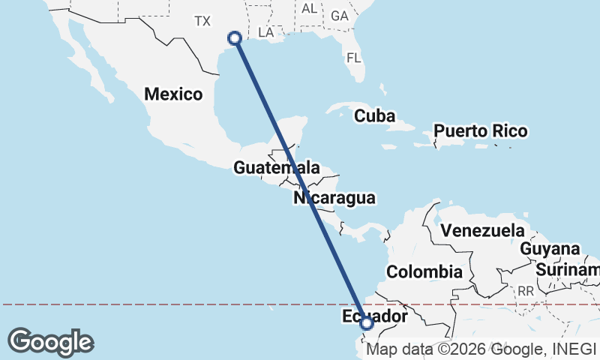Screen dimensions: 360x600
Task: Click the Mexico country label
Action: coord(173,94)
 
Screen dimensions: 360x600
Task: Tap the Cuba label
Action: coord(374,116)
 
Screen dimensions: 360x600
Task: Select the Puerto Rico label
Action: coord(480,131)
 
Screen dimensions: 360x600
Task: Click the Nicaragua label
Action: coord(334,199)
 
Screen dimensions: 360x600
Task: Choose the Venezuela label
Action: coord(481,230)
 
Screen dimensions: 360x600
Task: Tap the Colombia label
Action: coord(424,271)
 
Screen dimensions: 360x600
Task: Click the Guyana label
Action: coord(550,249)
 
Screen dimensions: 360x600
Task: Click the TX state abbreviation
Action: coord(202,21)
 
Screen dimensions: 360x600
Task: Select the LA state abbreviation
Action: coord(265,33)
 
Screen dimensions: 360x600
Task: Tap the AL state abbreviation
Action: coord(308,9)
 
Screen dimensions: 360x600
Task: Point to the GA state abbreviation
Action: coord(340,16)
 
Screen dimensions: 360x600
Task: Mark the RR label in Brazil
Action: coord(525,290)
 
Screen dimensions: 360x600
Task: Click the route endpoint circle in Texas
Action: coord(235,37)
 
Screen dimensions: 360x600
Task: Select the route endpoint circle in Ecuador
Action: coord(367,324)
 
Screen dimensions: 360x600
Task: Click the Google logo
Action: coord(50,342)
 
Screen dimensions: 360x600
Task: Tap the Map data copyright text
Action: coord(482,349)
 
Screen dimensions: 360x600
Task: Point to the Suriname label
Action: coord(568,268)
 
